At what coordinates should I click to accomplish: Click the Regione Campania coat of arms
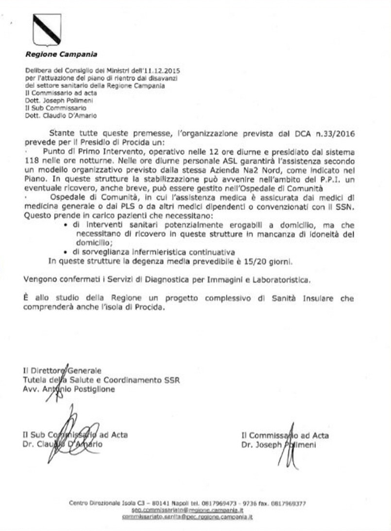pos(47,30)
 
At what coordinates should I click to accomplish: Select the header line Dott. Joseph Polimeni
pos(54,100)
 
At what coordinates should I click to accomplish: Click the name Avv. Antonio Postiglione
pos(70,389)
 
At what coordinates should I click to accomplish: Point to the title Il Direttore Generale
pos(59,371)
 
